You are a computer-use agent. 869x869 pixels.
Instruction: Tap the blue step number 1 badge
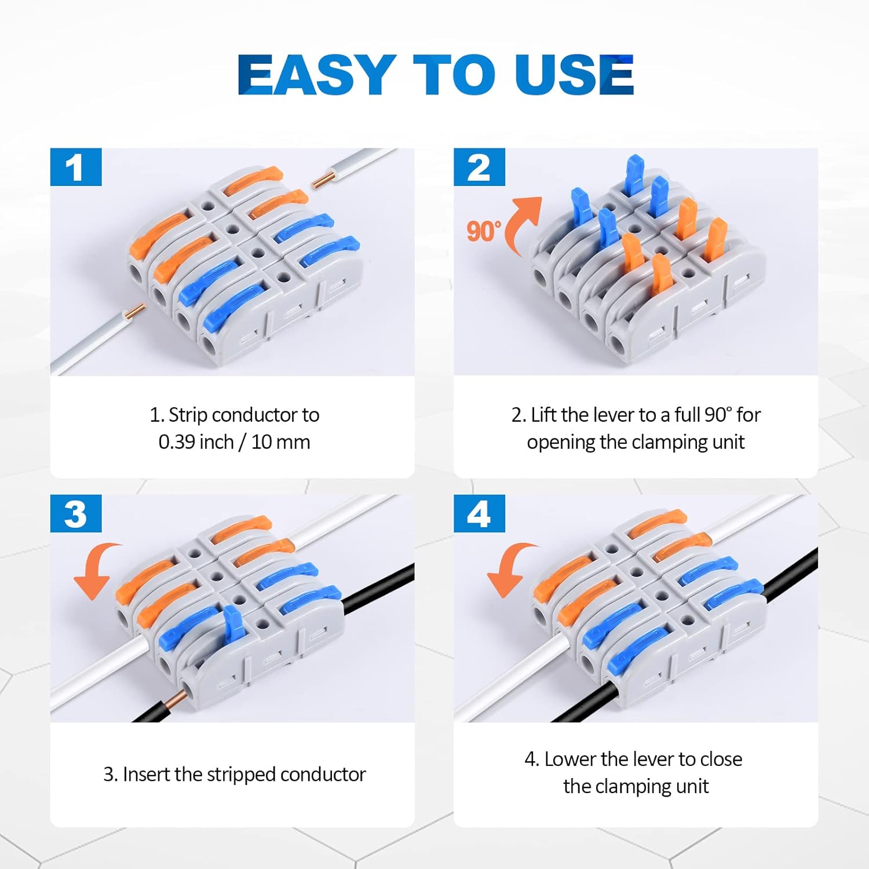(76, 167)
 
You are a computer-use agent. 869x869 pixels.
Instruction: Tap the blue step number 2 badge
(479, 167)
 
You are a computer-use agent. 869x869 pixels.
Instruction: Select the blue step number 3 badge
(76, 514)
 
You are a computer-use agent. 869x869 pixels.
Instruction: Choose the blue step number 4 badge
(479, 514)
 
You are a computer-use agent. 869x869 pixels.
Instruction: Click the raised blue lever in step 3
(232, 624)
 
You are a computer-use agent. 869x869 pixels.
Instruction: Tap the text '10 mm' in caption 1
(281, 442)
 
